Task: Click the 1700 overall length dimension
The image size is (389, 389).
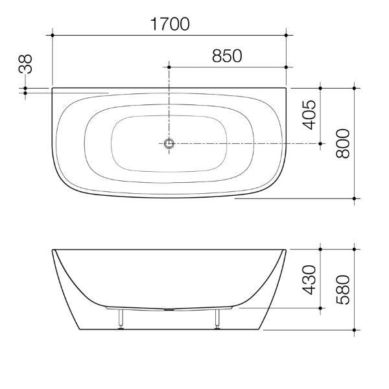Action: (170, 25)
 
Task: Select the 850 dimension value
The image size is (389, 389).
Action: (227, 56)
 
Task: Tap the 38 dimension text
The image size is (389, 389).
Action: (25, 65)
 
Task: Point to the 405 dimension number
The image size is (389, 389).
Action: (309, 114)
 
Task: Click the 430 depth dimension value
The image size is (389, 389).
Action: (309, 279)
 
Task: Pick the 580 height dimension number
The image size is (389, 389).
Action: (344, 289)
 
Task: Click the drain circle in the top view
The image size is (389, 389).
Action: (169, 143)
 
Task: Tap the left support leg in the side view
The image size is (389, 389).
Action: (121, 318)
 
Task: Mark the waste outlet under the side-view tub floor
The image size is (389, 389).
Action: (170, 309)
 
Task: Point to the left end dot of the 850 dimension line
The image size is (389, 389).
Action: (169, 67)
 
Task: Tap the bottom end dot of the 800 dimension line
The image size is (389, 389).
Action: (354, 198)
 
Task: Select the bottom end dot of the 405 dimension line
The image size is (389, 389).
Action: (320, 143)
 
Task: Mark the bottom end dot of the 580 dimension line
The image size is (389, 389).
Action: (354, 329)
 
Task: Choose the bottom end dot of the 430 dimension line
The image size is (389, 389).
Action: (320, 309)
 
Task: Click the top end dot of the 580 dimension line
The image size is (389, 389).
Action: (354, 248)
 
